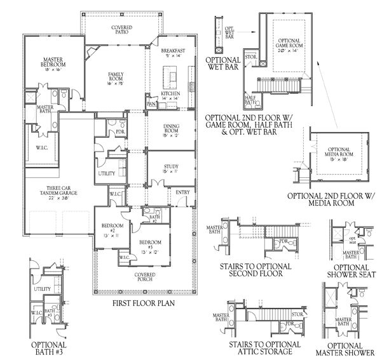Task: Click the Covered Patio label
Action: point(121,32)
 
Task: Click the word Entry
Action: point(182,193)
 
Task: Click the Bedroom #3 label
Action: point(151,246)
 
